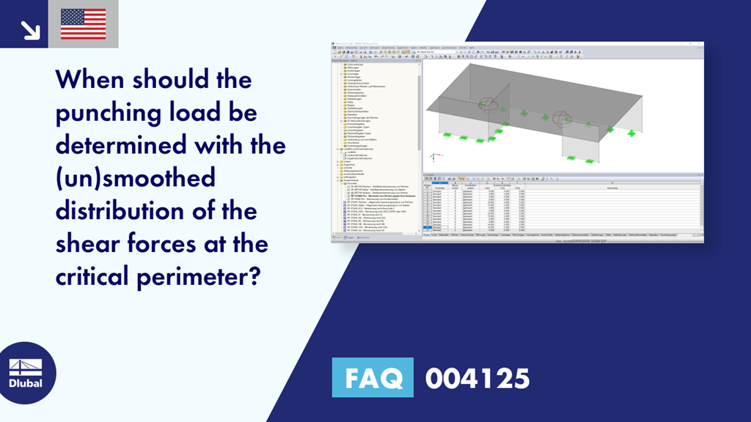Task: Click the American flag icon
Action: click(x=83, y=24)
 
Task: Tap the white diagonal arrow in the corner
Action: click(x=30, y=29)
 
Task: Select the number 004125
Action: click(x=477, y=379)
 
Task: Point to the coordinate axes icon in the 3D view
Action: click(x=434, y=156)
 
